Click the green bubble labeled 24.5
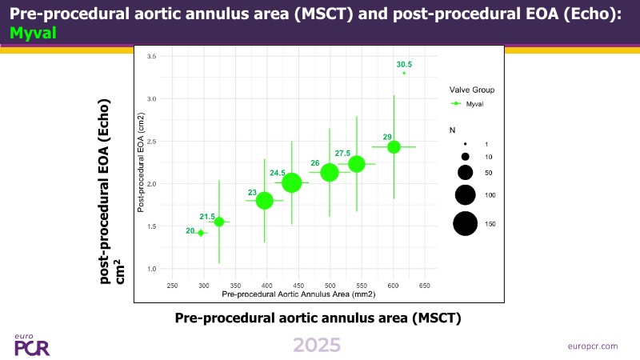(292, 182)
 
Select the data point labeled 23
(264, 201)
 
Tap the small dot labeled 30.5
(404, 73)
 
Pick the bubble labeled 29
(394, 146)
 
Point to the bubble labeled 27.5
(357, 163)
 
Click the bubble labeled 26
(330, 172)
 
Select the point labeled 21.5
(219, 222)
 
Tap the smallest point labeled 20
(201, 233)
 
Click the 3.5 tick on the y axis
(150, 56)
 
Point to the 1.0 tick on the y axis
(150, 269)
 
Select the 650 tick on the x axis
(425, 285)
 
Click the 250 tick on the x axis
(171, 285)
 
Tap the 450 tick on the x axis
(298, 285)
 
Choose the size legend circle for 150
(465, 224)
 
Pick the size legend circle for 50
(465, 172)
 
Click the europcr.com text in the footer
(591, 346)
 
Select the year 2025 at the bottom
(317, 345)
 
